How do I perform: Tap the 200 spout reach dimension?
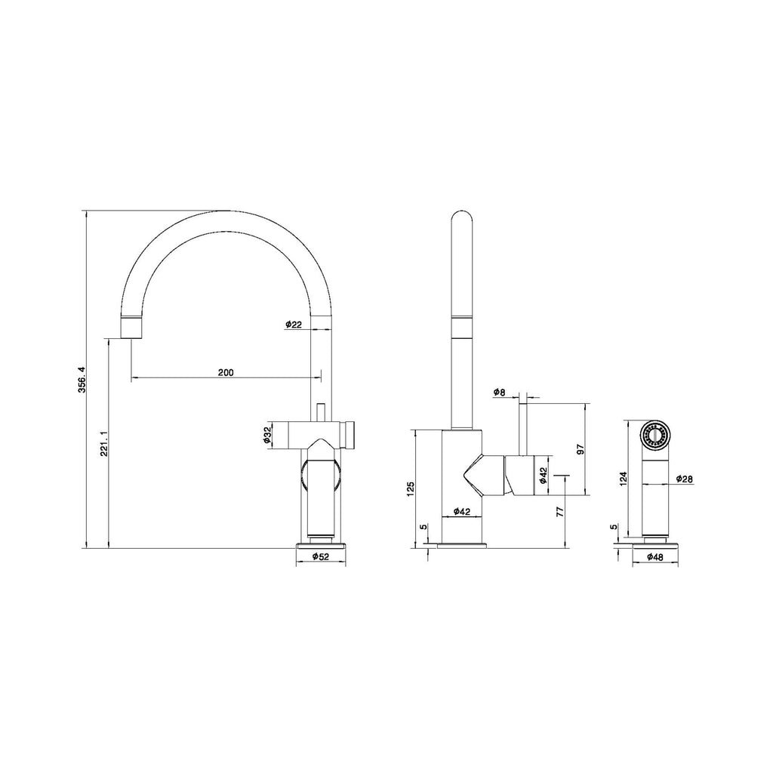click(x=226, y=372)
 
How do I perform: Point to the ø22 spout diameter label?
click(x=293, y=324)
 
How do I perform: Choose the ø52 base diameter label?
click(x=320, y=556)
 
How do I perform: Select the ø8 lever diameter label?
click(x=500, y=393)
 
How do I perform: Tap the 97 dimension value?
click(x=581, y=449)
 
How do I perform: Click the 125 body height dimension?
click(x=411, y=488)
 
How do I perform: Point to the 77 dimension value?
click(x=559, y=511)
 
